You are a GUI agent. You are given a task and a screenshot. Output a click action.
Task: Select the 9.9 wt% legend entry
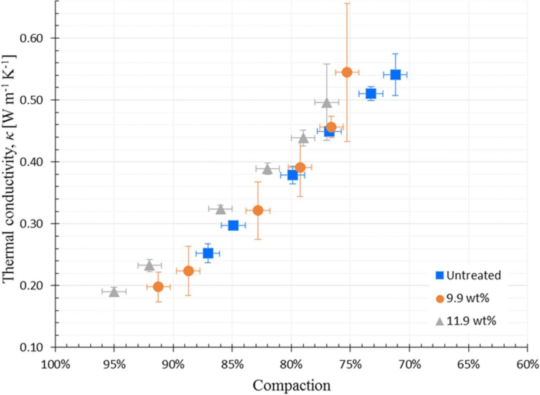click(462, 298)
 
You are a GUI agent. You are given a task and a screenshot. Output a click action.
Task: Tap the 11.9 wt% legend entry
click(466, 321)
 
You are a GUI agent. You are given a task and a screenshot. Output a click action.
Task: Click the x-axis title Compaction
click(292, 385)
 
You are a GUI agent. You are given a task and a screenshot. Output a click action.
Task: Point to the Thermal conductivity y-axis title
click(9, 169)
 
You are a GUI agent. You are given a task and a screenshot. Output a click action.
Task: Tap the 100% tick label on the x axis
click(55, 364)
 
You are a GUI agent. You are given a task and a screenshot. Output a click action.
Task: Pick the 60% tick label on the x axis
click(527, 364)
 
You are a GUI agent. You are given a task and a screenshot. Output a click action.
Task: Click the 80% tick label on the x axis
click(291, 364)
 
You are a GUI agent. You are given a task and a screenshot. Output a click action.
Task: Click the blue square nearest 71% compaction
click(395, 75)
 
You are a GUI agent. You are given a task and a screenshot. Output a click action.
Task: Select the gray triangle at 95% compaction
click(114, 292)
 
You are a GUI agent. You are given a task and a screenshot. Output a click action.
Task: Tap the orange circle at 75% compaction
click(347, 72)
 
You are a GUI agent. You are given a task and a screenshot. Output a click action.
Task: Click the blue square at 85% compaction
click(233, 225)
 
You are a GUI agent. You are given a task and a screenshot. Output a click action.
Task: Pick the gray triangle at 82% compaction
click(267, 169)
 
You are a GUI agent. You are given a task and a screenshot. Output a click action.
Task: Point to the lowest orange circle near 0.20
click(158, 287)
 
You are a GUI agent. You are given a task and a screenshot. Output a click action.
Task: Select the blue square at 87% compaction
click(208, 253)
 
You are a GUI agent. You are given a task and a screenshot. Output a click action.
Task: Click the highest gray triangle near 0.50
click(327, 102)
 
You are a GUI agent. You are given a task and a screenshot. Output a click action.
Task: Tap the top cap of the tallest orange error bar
click(347, 3)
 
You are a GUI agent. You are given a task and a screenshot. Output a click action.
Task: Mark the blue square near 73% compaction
click(370, 93)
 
